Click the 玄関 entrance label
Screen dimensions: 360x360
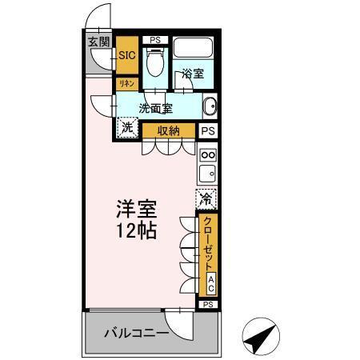98,42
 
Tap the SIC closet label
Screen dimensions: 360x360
127,56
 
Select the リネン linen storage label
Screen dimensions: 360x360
127,83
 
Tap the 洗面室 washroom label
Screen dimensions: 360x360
155,109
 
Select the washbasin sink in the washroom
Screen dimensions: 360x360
210,107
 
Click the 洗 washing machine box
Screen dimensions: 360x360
128,126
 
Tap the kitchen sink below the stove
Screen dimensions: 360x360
207,174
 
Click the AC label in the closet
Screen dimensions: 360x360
210,282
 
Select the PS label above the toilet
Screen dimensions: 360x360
155,39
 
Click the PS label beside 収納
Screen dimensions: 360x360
208,131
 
